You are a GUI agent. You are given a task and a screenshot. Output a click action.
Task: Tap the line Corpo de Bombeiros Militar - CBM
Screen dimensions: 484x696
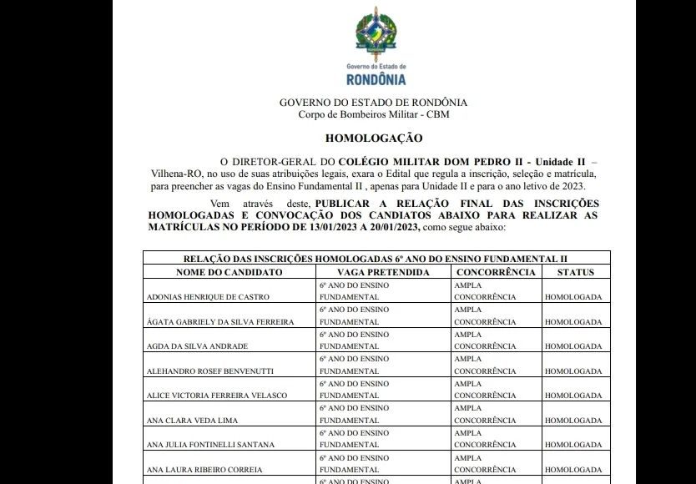coord(373,113)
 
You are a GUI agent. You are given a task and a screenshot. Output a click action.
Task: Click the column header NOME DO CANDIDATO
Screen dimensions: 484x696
coord(229,272)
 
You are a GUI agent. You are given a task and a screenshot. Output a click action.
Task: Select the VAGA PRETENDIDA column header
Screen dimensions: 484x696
coord(383,272)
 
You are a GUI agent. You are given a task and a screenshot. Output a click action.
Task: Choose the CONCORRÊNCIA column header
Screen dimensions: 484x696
coord(496,272)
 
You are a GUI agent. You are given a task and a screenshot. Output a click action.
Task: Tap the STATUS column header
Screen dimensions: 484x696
coord(576,272)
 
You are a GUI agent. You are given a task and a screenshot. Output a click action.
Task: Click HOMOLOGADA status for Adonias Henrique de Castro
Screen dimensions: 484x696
coord(575,296)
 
